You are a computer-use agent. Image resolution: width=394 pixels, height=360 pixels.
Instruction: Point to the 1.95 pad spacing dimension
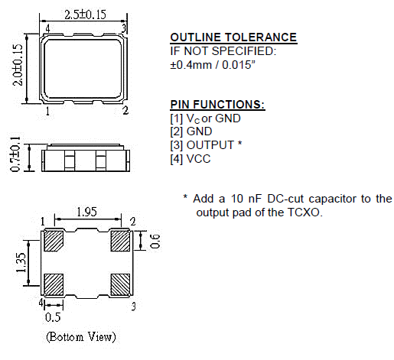(86, 213)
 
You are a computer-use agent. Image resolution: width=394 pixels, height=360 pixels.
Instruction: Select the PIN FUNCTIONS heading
(217, 105)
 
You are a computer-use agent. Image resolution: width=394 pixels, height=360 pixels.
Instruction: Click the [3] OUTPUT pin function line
(206, 145)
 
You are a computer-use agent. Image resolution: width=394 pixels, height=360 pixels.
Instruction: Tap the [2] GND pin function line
(190, 131)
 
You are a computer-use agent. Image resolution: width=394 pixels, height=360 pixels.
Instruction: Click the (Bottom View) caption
(81, 337)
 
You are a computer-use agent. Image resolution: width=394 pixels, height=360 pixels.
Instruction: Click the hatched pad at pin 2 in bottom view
(120, 241)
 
